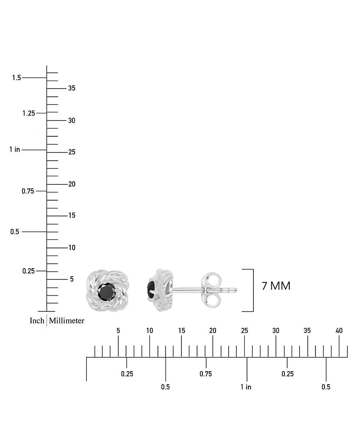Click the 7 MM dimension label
(x=276, y=286)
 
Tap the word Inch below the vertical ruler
(x=37, y=320)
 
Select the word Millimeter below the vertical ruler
(x=67, y=320)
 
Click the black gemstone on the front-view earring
(x=107, y=291)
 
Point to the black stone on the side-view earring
(x=150, y=291)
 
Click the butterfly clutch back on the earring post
(x=212, y=290)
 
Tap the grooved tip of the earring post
(x=230, y=290)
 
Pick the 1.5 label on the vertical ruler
(x=17, y=77)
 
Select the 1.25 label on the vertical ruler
(x=29, y=113)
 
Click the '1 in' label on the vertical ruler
(x=15, y=149)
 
